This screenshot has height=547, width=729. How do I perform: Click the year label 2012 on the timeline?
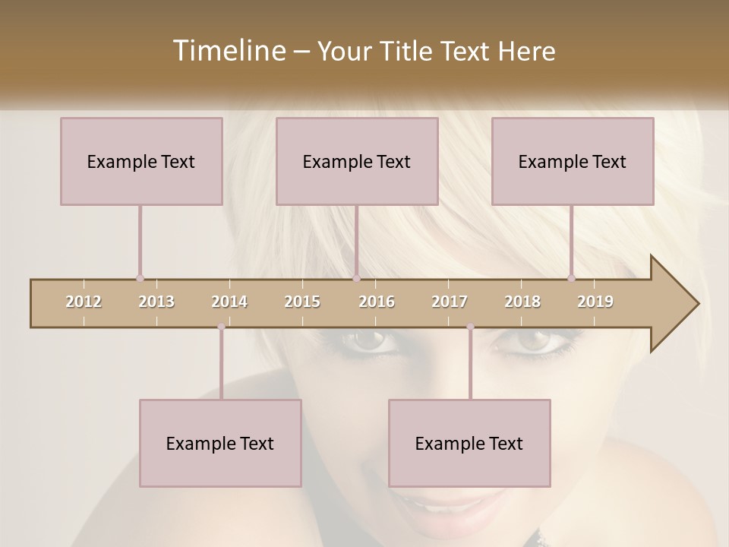click(84, 302)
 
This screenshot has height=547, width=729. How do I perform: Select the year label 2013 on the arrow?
click(156, 302)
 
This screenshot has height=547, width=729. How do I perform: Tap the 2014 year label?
click(229, 302)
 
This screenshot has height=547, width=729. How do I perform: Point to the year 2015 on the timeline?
click(302, 302)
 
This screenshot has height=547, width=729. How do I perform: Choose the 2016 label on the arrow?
click(377, 302)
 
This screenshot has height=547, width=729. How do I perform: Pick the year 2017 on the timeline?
click(450, 302)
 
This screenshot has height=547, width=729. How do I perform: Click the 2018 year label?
click(522, 302)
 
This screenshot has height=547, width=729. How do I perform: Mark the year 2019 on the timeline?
click(595, 302)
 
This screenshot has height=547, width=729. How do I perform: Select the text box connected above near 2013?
click(141, 161)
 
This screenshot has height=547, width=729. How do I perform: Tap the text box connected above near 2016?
click(357, 161)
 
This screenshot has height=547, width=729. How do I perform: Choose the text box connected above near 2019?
click(573, 161)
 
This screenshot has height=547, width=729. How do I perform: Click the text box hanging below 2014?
click(220, 443)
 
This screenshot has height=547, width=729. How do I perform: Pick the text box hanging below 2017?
click(469, 443)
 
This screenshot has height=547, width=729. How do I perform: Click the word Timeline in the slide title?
click(228, 51)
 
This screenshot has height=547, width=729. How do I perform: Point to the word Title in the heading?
click(409, 52)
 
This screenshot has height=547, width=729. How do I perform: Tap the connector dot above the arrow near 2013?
click(140, 279)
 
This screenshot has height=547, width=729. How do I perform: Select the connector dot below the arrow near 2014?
click(221, 327)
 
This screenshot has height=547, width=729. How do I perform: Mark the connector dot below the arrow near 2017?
click(470, 327)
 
